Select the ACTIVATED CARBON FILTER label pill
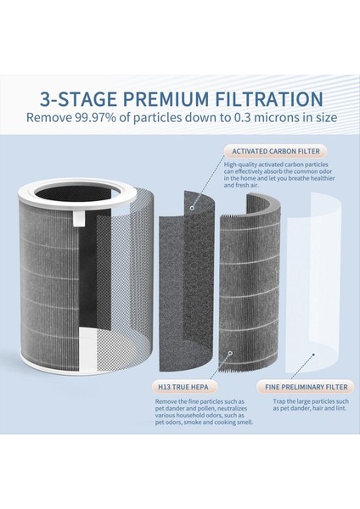(x=276, y=151)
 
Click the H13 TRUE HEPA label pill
(x=183, y=387)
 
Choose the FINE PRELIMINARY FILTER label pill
(x=306, y=387)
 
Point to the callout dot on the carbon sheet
(x=193, y=208)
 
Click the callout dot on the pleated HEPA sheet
(x=230, y=353)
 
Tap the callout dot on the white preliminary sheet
(x=313, y=355)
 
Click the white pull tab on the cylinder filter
(x=78, y=217)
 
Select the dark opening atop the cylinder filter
(x=73, y=195)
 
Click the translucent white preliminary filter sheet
(x=313, y=282)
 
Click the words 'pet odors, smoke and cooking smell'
(x=204, y=422)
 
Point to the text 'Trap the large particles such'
(x=311, y=401)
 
